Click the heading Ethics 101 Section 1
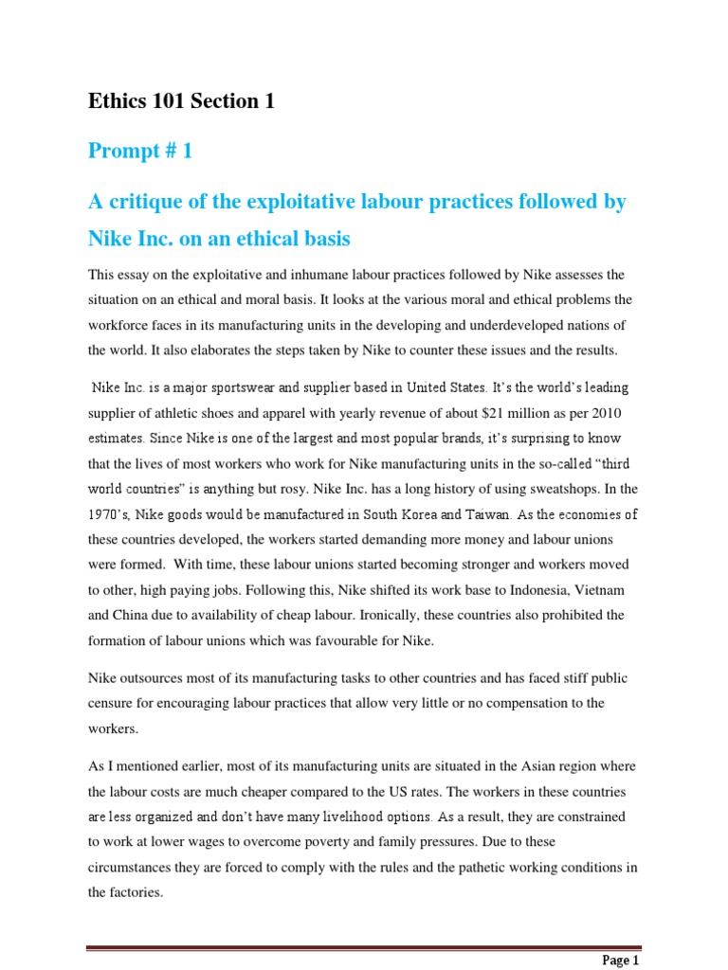pos(181,100)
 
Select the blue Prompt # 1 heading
pos(140,152)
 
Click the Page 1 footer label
pos(621,960)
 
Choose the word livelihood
pos(325,815)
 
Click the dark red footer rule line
pos(364,947)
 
